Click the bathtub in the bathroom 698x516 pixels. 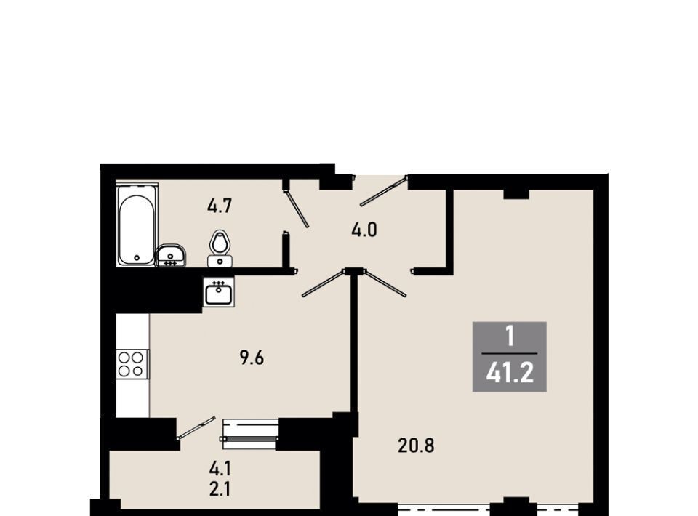137,225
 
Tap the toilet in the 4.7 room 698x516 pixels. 219,249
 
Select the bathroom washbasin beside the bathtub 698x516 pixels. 171,256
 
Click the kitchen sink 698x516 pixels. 219,293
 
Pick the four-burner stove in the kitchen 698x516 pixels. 132,364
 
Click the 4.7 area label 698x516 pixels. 220,206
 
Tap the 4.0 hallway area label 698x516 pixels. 364,230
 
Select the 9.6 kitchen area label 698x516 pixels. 252,358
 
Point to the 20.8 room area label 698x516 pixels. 416,446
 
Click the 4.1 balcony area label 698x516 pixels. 220,469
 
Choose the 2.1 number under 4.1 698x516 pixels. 220,490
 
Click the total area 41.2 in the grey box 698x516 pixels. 510,374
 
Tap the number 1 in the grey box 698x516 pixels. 510,336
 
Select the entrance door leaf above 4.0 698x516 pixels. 383,192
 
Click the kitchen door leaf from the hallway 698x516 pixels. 323,283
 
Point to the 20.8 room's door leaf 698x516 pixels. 385,283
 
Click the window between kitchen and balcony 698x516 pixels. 249,431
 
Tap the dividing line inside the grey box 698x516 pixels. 509,353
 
